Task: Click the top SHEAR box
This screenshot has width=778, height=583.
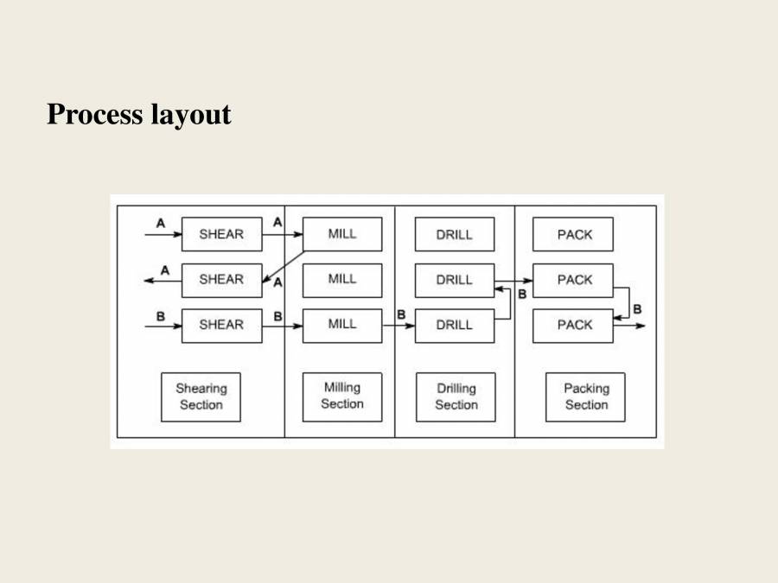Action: (x=221, y=234)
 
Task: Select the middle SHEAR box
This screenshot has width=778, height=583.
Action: (x=221, y=280)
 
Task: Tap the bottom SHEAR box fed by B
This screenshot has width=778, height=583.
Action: (x=221, y=325)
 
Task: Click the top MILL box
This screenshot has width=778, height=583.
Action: (x=342, y=234)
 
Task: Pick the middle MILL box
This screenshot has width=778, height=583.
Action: (x=342, y=280)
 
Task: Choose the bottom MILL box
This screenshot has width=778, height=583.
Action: (x=342, y=325)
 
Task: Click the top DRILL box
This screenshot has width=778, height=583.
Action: (x=455, y=234)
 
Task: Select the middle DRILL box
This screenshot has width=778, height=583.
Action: (x=455, y=280)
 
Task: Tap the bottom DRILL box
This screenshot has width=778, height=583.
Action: (x=455, y=325)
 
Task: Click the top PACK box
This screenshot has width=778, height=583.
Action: (x=574, y=234)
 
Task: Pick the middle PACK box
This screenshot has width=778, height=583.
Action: (x=574, y=280)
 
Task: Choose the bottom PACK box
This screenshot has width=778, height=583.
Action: (x=574, y=325)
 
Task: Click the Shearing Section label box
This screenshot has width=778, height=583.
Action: (x=201, y=396)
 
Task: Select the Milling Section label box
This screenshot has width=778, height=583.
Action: (x=342, y=396)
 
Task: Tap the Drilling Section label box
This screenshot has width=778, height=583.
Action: (x=456, y=396)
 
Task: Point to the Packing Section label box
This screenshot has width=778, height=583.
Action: (x=585, y=396)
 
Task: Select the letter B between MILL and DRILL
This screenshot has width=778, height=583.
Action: (x=401, y=315)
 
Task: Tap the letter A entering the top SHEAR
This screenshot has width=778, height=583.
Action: (x=160, y=223)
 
